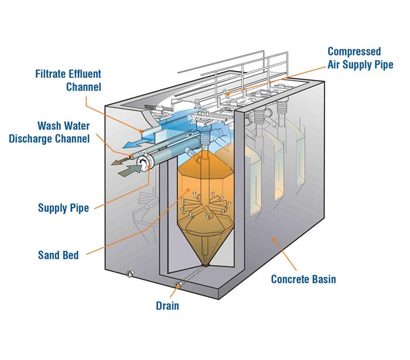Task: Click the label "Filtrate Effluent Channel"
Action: pyautogui.click(x=68, y=81)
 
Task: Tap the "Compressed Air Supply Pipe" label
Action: pyautogui.click(x=360, y=59)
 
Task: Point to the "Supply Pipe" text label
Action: pyautogui.click(x=63, y=208)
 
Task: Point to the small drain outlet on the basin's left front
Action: pyautogui.click(x=129, y=273)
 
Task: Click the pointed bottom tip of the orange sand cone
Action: pyautogui.click(x=205, y=265)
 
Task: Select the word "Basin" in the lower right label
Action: pyautogui.click(x=322, y=279)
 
